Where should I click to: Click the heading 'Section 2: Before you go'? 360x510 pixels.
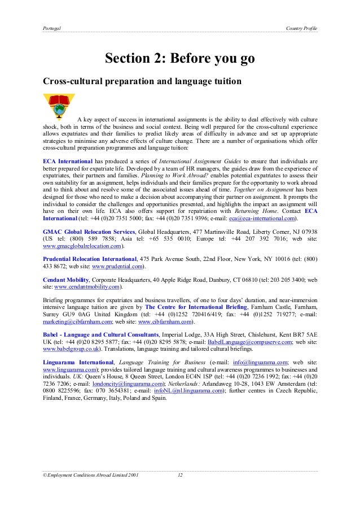coord(180,59)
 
